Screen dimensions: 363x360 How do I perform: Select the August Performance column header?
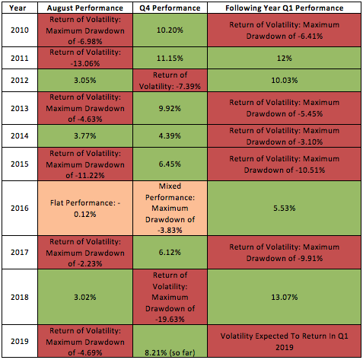click(x=85, y=8)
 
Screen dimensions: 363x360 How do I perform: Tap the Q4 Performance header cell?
click(x=170, y=8)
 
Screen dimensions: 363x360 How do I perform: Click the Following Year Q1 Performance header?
click(x=285, y=8)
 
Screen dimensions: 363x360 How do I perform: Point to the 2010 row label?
click(x=20, y=30)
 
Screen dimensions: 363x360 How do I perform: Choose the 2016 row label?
click(x=20, y=209)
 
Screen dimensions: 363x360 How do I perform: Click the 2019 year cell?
click(x=20, y=341)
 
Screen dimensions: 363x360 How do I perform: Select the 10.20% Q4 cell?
click(x=170, y=30)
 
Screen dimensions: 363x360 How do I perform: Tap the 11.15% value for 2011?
click(x=170, y=58)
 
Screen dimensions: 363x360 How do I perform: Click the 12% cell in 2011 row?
click(x=285, y=58)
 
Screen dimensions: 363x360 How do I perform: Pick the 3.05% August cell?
click(x=85, y=80)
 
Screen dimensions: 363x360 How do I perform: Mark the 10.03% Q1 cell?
click(x=285, y=80)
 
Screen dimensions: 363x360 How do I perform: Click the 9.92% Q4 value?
click(x=170, y=108)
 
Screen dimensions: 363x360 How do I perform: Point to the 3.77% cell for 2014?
click(x=85, y=135)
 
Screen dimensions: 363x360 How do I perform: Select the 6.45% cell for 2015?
click(x=170, y=164)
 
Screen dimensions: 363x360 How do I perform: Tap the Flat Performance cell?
click(x=85, y=209)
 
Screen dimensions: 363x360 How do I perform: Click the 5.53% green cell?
click(x=285, y=209)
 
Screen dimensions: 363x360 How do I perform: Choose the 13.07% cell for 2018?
click(x=285, y=297)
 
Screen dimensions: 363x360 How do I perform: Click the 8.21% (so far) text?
click(x=170, y=352)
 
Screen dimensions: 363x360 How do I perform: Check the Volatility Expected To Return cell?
click(x=285, y=341)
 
